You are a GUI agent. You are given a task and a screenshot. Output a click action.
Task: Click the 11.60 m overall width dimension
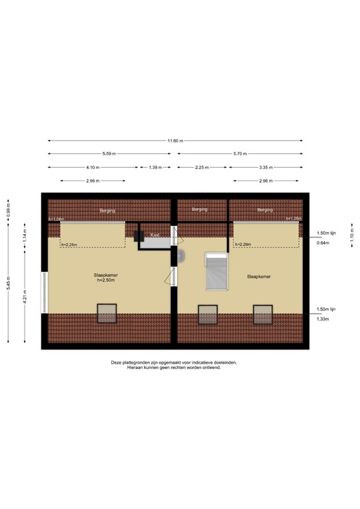click(x=175, y=141)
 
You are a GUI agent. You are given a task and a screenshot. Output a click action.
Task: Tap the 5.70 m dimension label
click(x=239, y=154)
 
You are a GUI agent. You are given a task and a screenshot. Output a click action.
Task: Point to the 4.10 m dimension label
click(x=93, y=167)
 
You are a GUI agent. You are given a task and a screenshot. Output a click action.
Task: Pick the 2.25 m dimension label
click(x=203, y=167)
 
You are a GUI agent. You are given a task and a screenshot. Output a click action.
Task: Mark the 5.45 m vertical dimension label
click(x=9, y=282)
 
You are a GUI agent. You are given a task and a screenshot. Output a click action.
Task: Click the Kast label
click(x=154, y=235)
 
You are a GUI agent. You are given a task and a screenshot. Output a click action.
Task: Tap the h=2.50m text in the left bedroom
click(x=106, y=281)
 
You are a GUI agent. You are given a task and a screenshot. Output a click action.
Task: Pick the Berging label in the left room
click(x=107, y=210)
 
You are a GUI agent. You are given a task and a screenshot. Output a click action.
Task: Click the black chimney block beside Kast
click(x=140, y=235)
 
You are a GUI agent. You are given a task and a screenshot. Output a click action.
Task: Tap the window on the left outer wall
click(x=44, y=292)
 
